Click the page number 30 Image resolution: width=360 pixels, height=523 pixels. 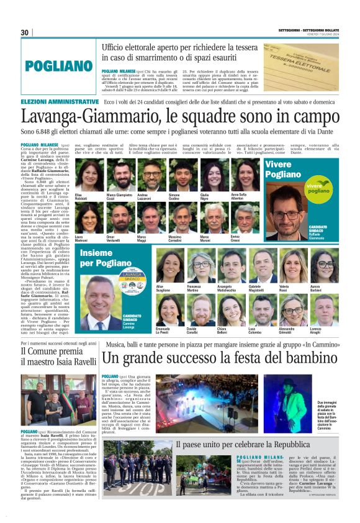(x=25, y=32)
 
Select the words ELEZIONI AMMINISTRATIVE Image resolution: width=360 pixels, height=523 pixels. (x=60, y=101)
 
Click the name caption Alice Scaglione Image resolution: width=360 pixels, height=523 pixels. (x=164, y=288)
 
